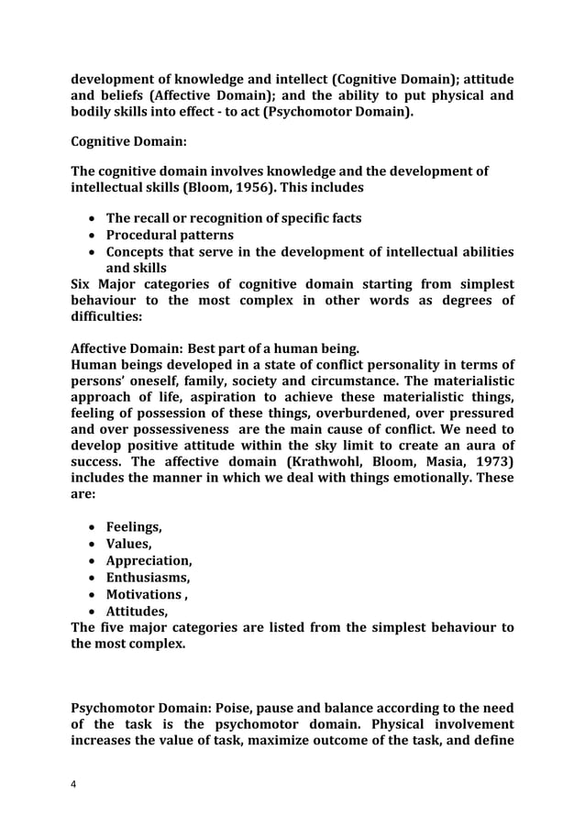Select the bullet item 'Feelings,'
pyautogui.click(x=136, y=527)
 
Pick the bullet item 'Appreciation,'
pyautogui.click(x=149, y=561)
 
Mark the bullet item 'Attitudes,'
pyautogui.click(x=138, y=611)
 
